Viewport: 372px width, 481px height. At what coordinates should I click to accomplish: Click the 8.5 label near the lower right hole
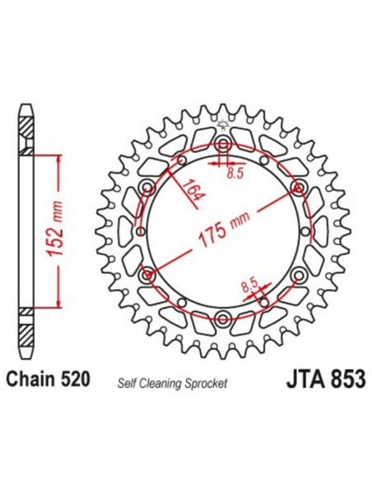248,285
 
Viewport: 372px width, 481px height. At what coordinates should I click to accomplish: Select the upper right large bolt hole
297,188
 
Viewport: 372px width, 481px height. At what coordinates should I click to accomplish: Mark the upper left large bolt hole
148,188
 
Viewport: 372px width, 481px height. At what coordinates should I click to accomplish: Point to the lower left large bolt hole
148,273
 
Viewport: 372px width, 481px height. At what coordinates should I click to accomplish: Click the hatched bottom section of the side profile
27,331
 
